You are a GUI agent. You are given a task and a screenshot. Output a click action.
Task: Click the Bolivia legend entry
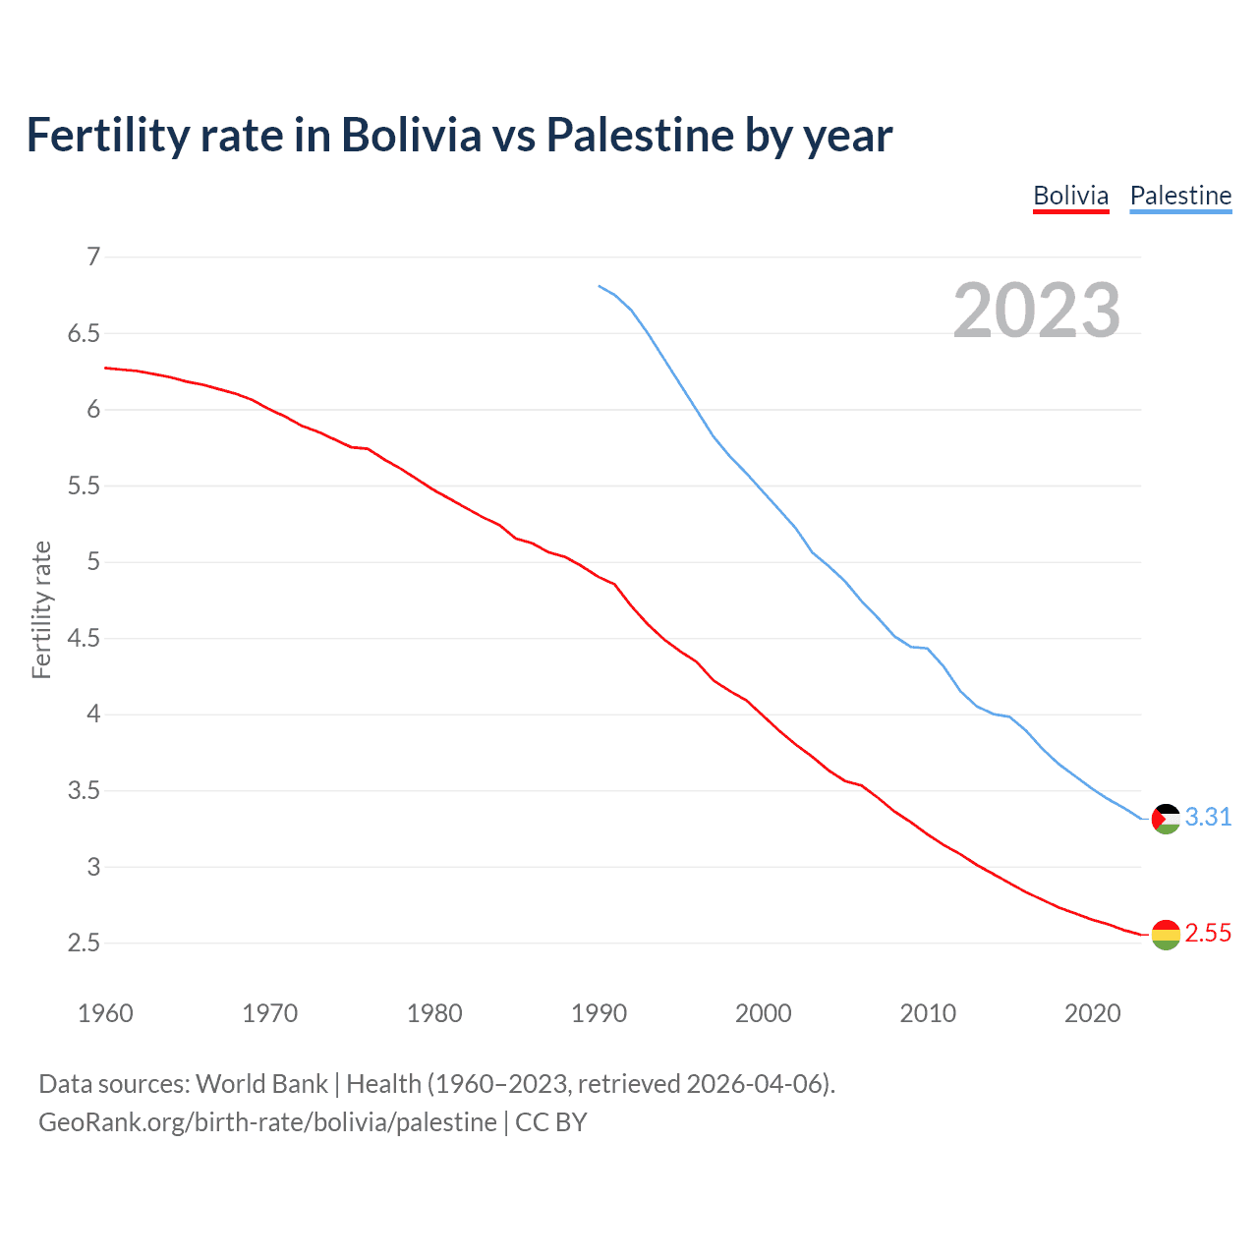coord(1070,196)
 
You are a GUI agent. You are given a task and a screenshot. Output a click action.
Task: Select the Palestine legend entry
coord(1180,196)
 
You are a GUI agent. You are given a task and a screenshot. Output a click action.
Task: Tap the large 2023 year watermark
coord(1037,311)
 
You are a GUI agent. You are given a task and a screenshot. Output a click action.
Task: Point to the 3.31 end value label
coord(1208,818)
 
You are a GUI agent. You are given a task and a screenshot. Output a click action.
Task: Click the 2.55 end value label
coord(1208,934)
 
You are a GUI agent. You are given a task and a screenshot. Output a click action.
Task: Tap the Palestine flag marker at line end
coord(1166,819)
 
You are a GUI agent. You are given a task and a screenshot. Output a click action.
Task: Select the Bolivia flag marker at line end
coord(1166,935)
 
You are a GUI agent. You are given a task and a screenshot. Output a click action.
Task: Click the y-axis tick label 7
coord(93,257)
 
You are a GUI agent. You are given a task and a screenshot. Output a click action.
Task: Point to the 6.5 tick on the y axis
coord(84,334)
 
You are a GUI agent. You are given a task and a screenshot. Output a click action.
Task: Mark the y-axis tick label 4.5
coord(84,639)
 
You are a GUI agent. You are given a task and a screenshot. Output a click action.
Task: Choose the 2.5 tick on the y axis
coord(84,943)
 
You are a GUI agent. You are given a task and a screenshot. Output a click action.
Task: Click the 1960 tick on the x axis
coord(105,1013)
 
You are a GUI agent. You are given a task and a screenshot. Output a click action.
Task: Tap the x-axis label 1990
coord(599,1013)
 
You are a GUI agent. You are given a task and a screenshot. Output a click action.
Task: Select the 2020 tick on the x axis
coord(1092,1013)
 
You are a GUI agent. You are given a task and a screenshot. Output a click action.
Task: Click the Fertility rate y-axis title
coord(41,609)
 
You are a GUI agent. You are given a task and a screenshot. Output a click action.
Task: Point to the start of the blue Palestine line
coord(600,286)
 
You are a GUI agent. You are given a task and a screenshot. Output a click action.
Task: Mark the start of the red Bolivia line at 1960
coord(106,368)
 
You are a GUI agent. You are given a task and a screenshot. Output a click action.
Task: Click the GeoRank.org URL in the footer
coord(267,1122)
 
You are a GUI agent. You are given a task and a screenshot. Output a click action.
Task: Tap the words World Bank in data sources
coord(261,1084)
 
